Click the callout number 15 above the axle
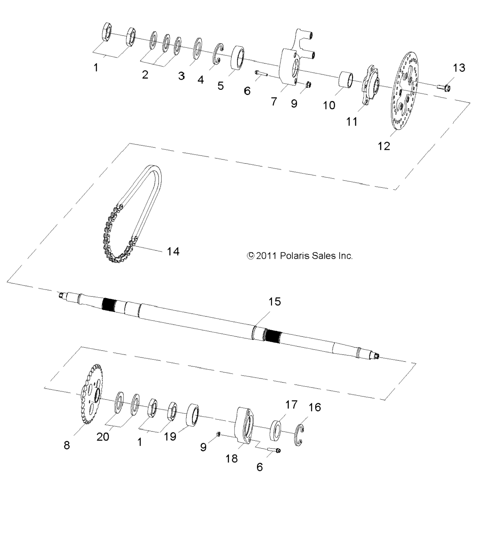[x=275, y=302]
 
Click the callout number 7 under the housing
[x=274, y=102]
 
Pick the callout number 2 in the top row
[x=145, y=75]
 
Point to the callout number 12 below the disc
[x=384, y=146]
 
